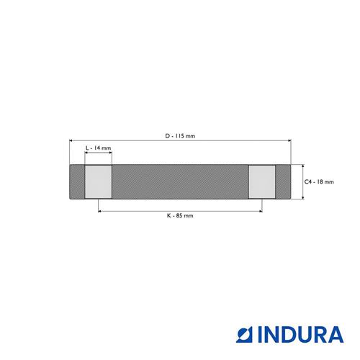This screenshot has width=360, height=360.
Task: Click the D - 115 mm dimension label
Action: (x=180, y=136)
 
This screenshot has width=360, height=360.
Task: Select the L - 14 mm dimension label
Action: (x=99, y=148)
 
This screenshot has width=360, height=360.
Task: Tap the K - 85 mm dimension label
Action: (x=180, y=215)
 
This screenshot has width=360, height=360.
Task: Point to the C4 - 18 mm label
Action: (x=319, y=181)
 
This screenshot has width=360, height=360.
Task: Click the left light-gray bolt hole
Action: (x=99, y=181)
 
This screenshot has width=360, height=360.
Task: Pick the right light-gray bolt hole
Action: (x=262, y=181)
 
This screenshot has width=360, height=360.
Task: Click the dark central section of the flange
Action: (x=180, y=181)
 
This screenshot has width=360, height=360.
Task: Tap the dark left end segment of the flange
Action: (x=77, y=181)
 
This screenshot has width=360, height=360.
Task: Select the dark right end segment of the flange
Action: (x=283, y=181)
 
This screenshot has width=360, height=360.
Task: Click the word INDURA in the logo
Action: (x=301, y=334)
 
